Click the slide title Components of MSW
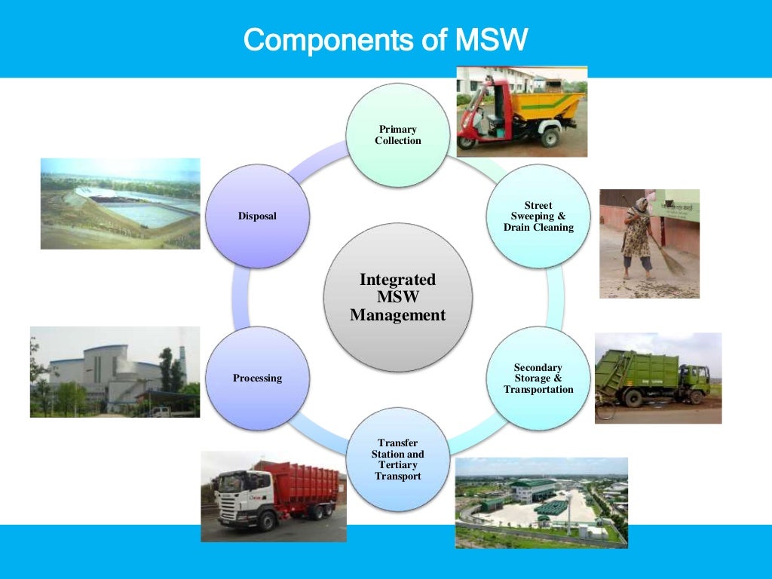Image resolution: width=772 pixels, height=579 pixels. (385, 39)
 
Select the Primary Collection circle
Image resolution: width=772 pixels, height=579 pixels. (397, 136)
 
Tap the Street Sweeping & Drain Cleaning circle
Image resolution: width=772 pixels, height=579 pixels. (538, 216)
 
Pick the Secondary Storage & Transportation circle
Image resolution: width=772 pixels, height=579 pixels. (538, 378)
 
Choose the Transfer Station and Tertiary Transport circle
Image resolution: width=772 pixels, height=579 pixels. (397, 459)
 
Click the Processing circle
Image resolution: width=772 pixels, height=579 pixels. (257, 378)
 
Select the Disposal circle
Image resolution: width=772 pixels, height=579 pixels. (257, 216)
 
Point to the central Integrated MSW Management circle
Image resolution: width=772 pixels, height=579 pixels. (397, 298)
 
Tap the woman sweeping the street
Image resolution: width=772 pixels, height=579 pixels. (638, 237)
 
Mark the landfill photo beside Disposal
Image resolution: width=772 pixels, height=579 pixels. (120, 204)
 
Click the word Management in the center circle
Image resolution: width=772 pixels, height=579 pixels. (397, 315)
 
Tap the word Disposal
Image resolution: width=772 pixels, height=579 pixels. (257, 216)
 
